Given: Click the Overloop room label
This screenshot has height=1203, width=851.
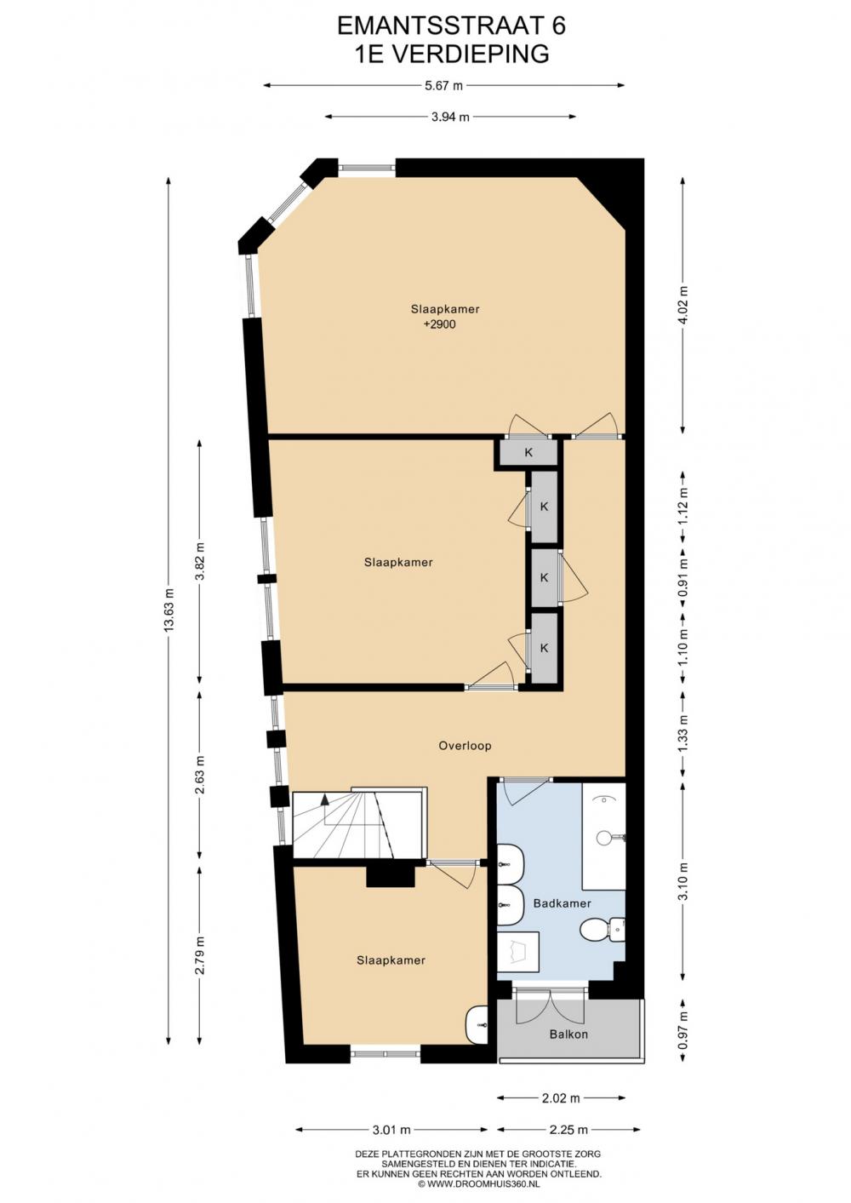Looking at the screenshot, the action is click(x=465, y=746).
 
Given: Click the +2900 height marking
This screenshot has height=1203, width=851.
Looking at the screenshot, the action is click(x=440, y=324).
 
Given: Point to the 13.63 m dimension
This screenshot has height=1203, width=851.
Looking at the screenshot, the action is click(x=169, y=610).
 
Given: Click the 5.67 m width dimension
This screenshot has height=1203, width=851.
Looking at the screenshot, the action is click(x=443, y=85).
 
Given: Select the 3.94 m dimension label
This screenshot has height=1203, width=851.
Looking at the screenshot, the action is click(x=450, y=117).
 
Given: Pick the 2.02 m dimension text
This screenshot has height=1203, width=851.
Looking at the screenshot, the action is click(x=561, y=1098).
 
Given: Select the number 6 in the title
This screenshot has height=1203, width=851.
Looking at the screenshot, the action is click(x=558, y=26).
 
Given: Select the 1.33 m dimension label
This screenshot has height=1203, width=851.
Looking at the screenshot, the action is click(x=683, y=733).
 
